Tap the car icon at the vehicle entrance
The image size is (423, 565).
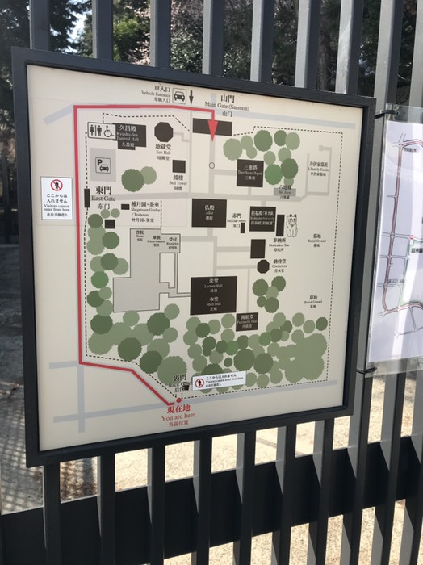pyautogui.click(x=179, y=96)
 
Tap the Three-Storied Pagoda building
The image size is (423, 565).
pyautogui.click(x=249, y=173)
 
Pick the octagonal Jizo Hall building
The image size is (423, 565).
pyautogui.click(x=164, y=132)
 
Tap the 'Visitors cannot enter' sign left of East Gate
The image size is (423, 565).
pyautogui.click(x=56, y=198)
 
